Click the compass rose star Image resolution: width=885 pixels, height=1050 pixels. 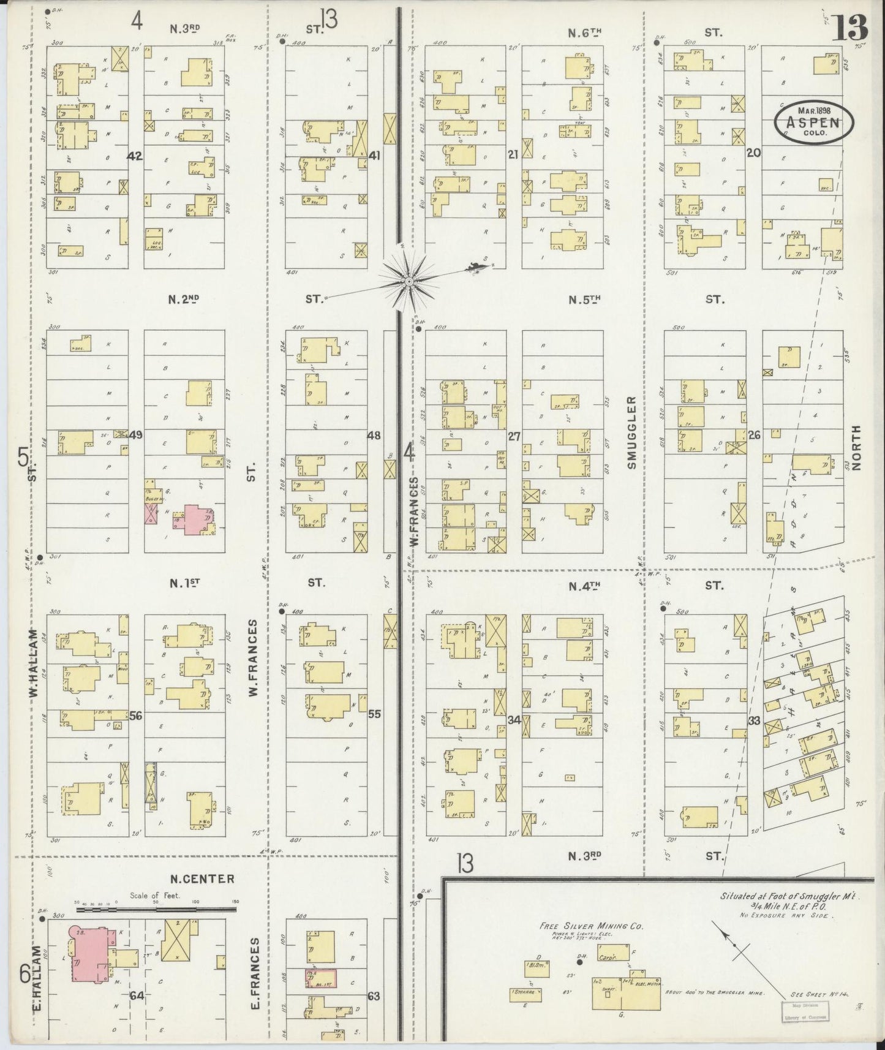(409, 281)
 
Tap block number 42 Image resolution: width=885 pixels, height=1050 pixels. (135, 156)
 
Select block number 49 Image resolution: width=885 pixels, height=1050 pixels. (135, 435)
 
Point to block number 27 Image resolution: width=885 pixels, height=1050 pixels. (514, 436)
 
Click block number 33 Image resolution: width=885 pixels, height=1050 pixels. (754, 721)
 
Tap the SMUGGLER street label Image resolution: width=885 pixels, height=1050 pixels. (631, 432)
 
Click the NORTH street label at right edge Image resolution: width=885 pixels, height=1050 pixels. (856, 447)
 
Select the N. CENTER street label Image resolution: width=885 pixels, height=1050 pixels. (202, 879)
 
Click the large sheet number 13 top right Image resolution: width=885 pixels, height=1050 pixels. (849, 28)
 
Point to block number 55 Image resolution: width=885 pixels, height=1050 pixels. (374, 714)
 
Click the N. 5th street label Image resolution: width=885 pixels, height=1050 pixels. (584, 300)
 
